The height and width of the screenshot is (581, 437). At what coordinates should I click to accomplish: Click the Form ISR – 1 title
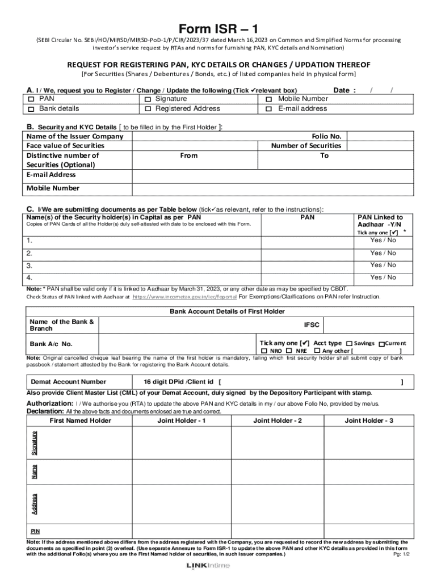point(218,29)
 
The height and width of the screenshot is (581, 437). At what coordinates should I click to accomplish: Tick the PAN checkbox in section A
point(31,99)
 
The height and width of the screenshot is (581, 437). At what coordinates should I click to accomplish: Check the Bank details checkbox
point(31,109)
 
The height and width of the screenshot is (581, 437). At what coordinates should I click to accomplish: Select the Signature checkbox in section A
point(148,99)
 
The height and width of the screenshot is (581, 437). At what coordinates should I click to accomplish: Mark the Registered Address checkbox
point(148,109)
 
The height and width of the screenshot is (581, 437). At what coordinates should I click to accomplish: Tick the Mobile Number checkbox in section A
point(269,99)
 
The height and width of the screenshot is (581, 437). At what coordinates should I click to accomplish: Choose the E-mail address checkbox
point(269,109)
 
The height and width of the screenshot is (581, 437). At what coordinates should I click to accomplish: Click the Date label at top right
point(344,90)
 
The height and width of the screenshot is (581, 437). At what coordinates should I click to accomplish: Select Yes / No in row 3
point(383,265)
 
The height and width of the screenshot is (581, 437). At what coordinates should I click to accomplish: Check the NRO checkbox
point(264,351)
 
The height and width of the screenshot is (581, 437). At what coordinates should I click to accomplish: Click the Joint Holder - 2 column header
point(278,420)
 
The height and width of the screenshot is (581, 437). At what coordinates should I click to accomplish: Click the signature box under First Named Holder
point(80,443)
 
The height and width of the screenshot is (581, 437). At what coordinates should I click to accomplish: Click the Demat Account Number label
point(68,382)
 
